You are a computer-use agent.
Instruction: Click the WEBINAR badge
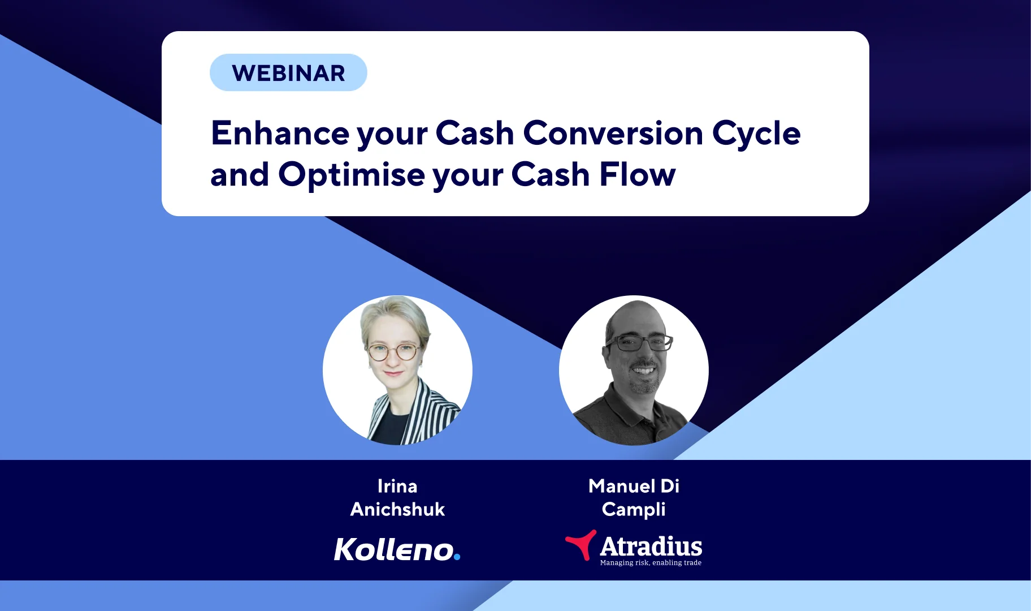(288, 72)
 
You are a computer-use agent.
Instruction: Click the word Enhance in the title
(280, 134)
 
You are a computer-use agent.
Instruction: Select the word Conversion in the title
(613, 134)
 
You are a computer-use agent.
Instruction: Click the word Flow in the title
(638, 174)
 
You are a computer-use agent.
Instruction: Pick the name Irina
(397, 486)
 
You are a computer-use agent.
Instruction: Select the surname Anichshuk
(397, 509)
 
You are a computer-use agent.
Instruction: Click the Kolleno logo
(397, 549)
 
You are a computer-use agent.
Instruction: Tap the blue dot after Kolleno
(457, 557)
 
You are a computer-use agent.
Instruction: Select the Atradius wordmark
(651, 547)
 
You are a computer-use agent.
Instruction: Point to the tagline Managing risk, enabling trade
(651, 563)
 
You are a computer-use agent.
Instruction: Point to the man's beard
(644, 380)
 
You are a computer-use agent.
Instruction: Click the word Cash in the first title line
(475, 134)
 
